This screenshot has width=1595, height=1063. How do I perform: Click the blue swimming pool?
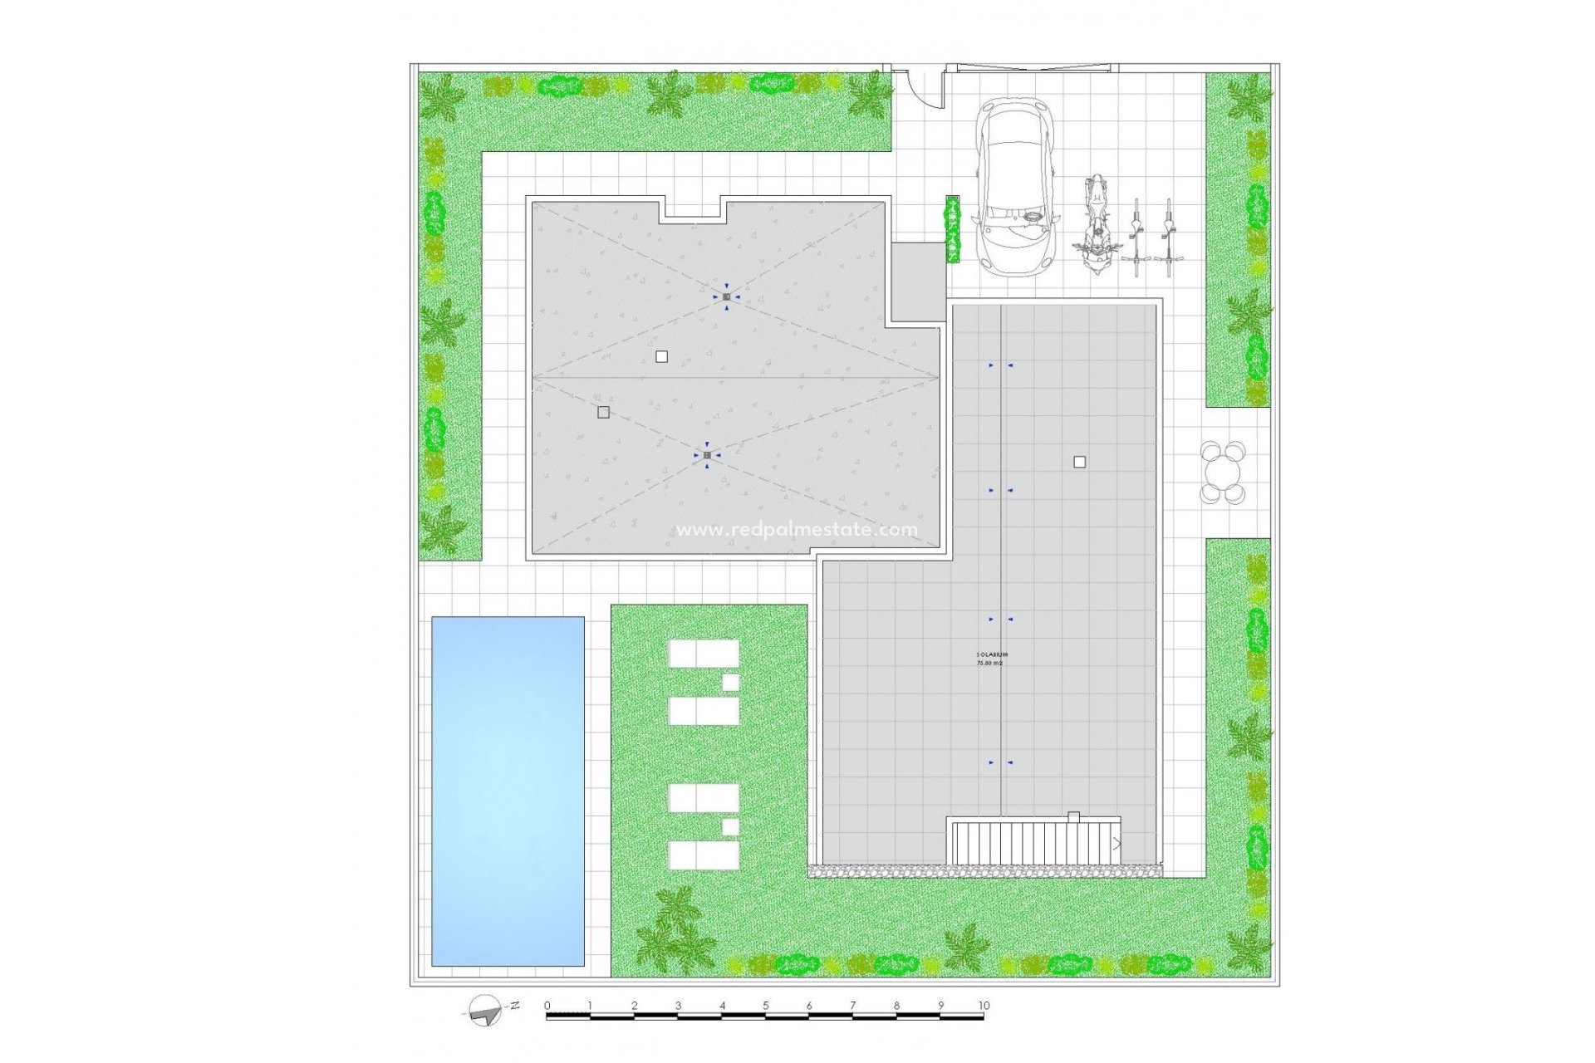point(508,791)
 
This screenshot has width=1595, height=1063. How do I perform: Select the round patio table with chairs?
point(1223,473)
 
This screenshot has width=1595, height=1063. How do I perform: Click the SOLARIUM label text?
point(991,656)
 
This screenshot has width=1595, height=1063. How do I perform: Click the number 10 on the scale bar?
point(984,1006)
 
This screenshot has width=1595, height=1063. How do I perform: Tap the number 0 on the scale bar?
point(547,1006)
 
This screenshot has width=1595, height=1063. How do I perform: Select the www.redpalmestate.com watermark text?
point(797,530)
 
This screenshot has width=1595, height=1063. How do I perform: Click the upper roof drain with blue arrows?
point(726,296)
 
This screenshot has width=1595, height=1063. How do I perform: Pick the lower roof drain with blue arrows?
point(707,455)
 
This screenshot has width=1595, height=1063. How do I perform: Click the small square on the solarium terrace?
point(1079,462)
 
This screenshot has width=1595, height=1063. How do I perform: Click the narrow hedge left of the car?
point(952,229)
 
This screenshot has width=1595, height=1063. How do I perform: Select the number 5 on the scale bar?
point(766,1006)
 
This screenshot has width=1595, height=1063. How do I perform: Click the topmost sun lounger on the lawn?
point(704,654)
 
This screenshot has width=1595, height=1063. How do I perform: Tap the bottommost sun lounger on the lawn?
point(704,855)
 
